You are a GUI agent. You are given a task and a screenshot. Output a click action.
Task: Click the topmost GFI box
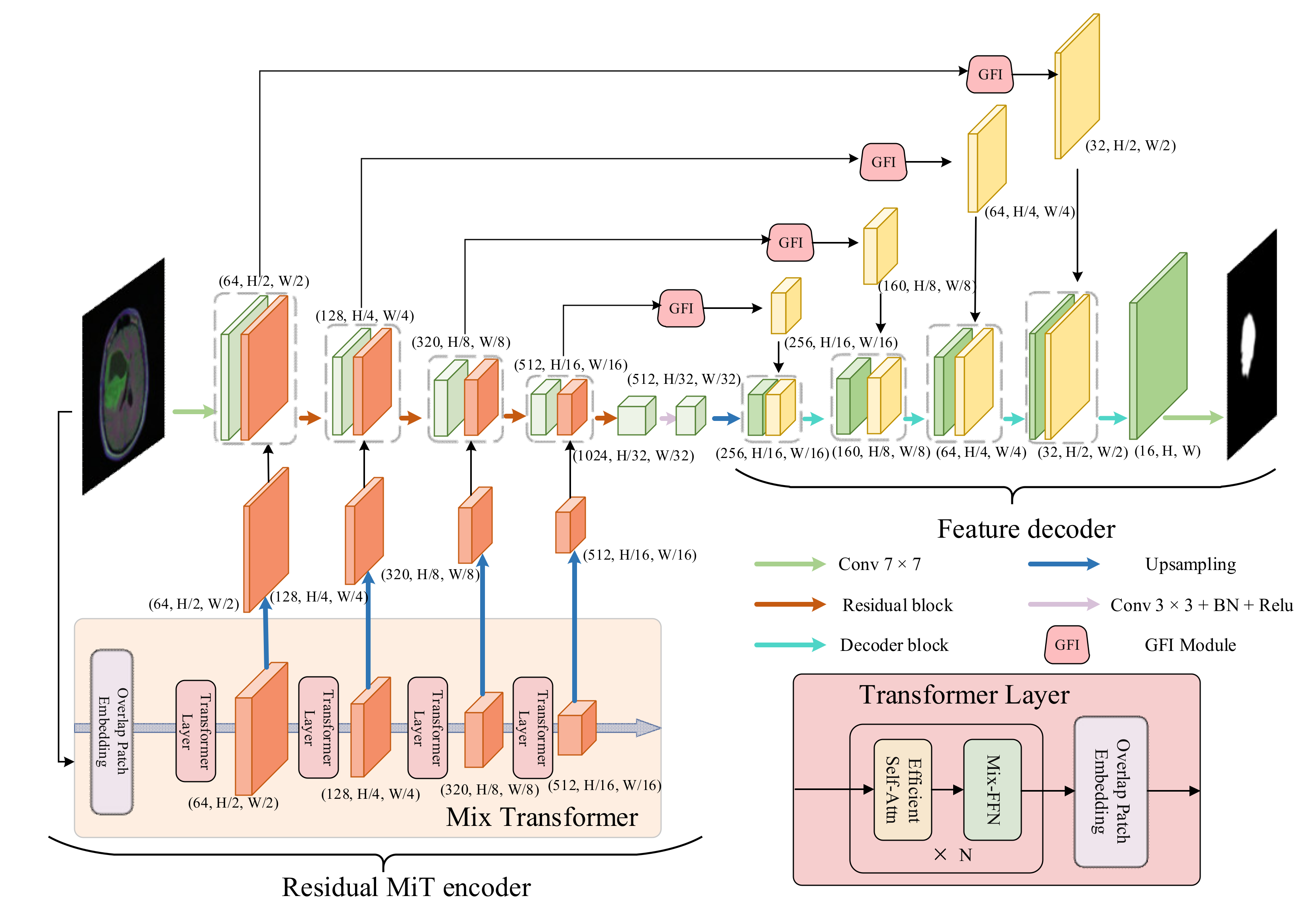[x=989, y=75]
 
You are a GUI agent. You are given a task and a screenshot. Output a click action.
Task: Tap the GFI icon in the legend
[x=1066, y=645]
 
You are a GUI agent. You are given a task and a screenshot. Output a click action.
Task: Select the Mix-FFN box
[x=992, y=789]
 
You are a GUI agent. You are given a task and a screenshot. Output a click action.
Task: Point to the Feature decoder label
[x=1026, y=529]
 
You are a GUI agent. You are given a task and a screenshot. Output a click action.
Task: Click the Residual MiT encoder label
[x=406, y=887]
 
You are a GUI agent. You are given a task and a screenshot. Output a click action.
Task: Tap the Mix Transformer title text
[x=542, y=817]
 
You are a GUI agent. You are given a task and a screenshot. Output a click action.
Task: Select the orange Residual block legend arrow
[x=789, y=605]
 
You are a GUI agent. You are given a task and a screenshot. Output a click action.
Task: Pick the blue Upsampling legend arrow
[x=1063, y=564]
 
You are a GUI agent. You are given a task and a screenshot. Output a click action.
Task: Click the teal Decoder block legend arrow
[x=789, y=645]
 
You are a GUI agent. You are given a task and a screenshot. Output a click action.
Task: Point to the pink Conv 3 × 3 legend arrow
[x=1063, y=605]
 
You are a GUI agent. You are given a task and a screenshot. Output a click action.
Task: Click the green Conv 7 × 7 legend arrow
[x=789, y=564]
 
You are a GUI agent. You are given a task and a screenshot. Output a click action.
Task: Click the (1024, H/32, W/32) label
[x=633, y=456]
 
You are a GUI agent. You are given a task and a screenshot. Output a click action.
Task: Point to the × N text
[x=952, y=855]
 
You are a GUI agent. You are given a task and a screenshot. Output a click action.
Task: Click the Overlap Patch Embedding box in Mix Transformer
[x=112, y=731]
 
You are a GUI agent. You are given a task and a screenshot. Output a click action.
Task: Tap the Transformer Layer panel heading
[x=964, y=695]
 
